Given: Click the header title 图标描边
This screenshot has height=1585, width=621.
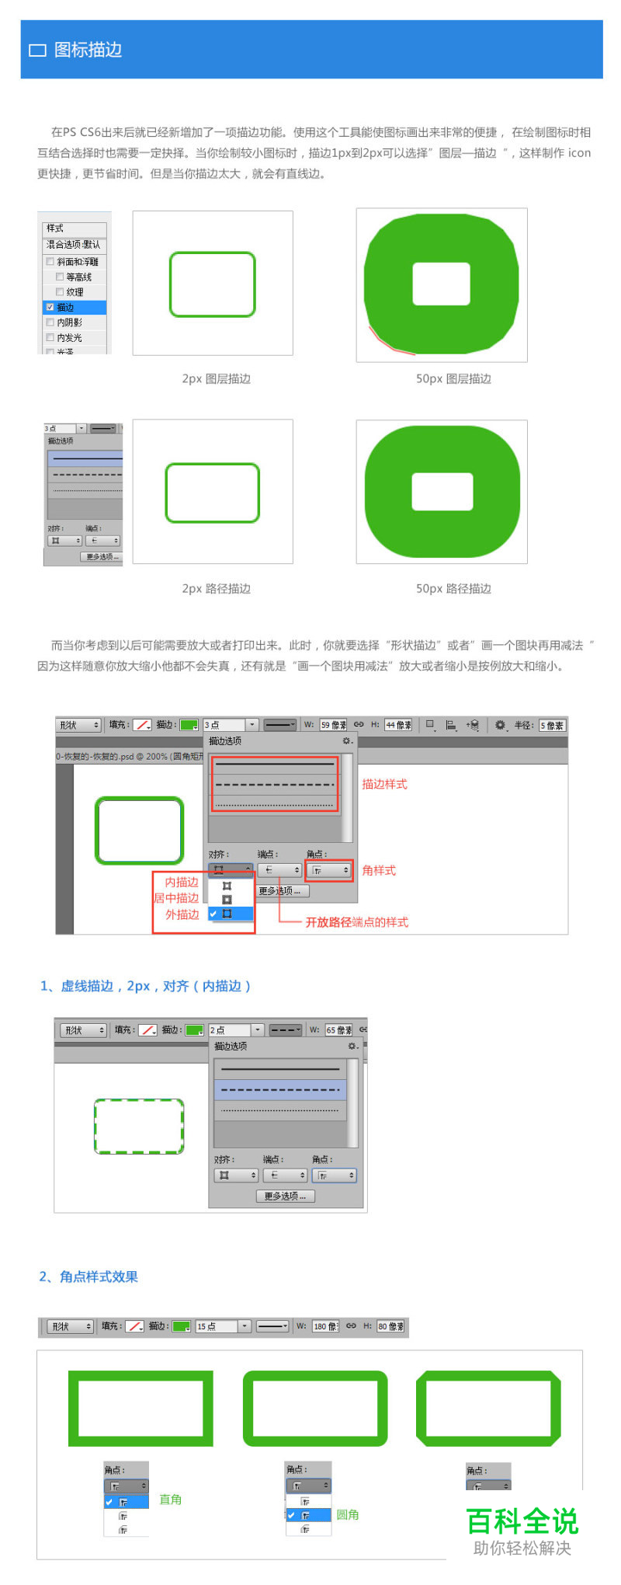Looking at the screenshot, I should [x=88, y=50].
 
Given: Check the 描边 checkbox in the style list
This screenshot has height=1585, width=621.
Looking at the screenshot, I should [x=50, y=307].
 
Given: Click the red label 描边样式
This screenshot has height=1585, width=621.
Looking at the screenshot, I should [x=384, y=784].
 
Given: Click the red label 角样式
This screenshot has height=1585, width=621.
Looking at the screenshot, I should [x=379, y=870].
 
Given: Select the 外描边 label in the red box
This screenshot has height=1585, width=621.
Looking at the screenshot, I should [x=182, y=914].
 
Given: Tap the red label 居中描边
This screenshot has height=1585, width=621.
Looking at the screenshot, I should [x=176, y=898].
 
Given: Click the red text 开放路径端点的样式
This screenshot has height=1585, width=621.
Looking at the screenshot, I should [x=356, y=922].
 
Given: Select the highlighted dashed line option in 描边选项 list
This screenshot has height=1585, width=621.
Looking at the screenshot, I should [x=280, y=1090].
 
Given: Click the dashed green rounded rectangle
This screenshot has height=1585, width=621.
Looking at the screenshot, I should [x=139, y=1126].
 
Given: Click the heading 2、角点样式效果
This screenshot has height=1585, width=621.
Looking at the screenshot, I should [x=88, y=1277].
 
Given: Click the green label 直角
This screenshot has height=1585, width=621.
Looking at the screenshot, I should [x=170, y=1500].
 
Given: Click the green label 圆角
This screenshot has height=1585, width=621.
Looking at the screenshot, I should [x=347, y=1514].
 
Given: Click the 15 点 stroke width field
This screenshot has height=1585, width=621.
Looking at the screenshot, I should [x=216, y=1326].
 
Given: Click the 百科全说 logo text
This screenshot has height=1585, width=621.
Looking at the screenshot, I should [x=522, y=1521].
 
